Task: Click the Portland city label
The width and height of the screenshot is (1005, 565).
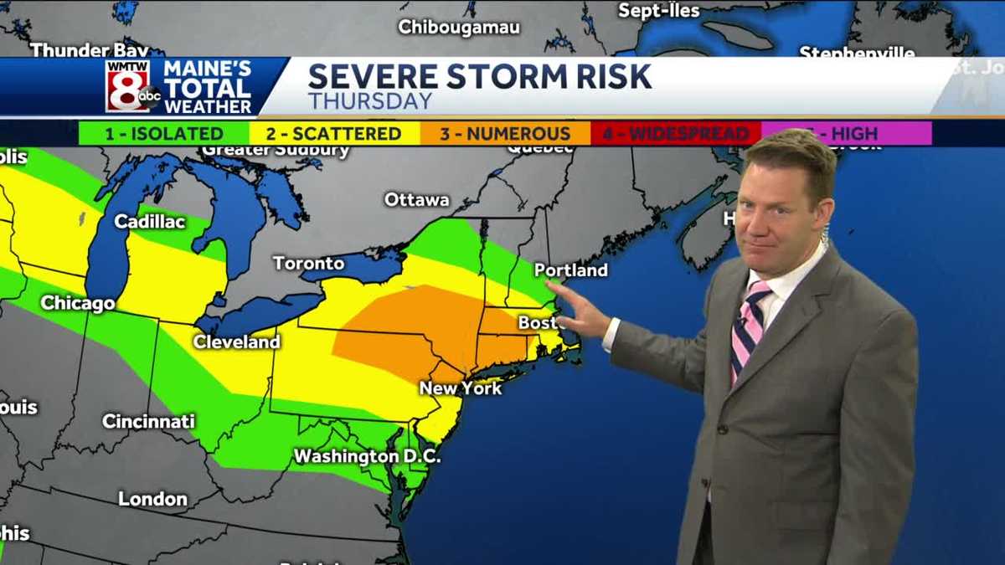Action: [x=571, y=270]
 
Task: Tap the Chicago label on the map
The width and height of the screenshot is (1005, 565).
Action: [x=78, y=303]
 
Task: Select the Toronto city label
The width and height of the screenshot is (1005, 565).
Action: [x=308, y=263]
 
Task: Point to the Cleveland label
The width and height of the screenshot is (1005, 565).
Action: [x=237, y=342]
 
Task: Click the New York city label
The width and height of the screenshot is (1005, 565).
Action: [x=461, y=388]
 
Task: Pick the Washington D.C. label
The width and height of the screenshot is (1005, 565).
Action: [x=367, y=457]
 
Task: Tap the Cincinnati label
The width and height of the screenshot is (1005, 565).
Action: [x=148, y=421]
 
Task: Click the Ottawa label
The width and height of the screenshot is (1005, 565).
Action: [x=416, y=200]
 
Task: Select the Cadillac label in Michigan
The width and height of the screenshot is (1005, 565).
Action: [x=150, y=222]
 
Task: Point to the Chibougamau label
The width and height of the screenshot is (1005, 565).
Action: [x=459, y=27]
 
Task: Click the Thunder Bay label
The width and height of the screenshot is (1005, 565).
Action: [x=89, y=50]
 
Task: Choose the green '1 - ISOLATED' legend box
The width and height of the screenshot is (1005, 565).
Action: [x=164, y=133]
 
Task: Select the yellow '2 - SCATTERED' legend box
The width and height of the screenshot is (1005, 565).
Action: [x=335, y=133]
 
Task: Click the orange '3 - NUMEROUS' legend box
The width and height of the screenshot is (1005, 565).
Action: [x=506, y=133]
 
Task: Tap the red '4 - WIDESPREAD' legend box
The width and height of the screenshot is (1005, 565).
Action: [x=676, y=133]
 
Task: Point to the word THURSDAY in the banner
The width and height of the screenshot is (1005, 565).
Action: [x=370, y=101]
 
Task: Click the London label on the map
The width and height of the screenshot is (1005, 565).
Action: [x=152, y=499]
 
